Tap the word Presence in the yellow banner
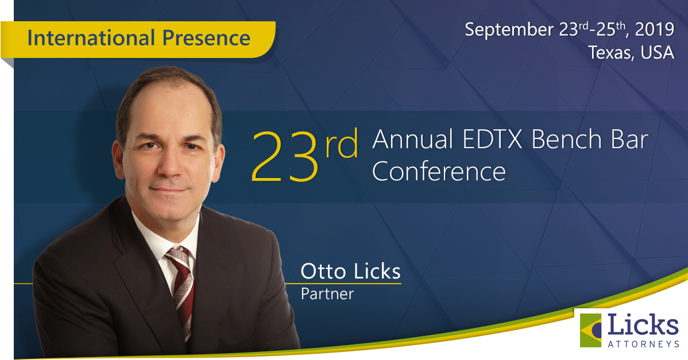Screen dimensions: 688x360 pyautogui.click(x=206, y=38)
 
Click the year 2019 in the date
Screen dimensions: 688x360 pyautogui.click(x=654, y=29)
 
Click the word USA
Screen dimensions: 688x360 pyautogui.click(x=658, y=52)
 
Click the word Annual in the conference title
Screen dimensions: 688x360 pyautogui.click(x=413, y=140)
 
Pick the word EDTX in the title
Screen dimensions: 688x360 pyautogui.click(x=492, y=140)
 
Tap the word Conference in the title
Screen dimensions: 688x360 pyautogui.click(x=439, y=172)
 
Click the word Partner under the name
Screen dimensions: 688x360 pyautogui.click(x=327, y=293)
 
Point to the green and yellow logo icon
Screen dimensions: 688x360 pyautogui.click(x=590, y=330)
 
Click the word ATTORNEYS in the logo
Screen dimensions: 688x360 pyautogui.click(x=643, y=344)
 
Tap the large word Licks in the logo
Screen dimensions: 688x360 pyautogui.click(x=643, y=325)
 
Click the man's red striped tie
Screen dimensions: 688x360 pyautogui.click(x=181, y=289)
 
